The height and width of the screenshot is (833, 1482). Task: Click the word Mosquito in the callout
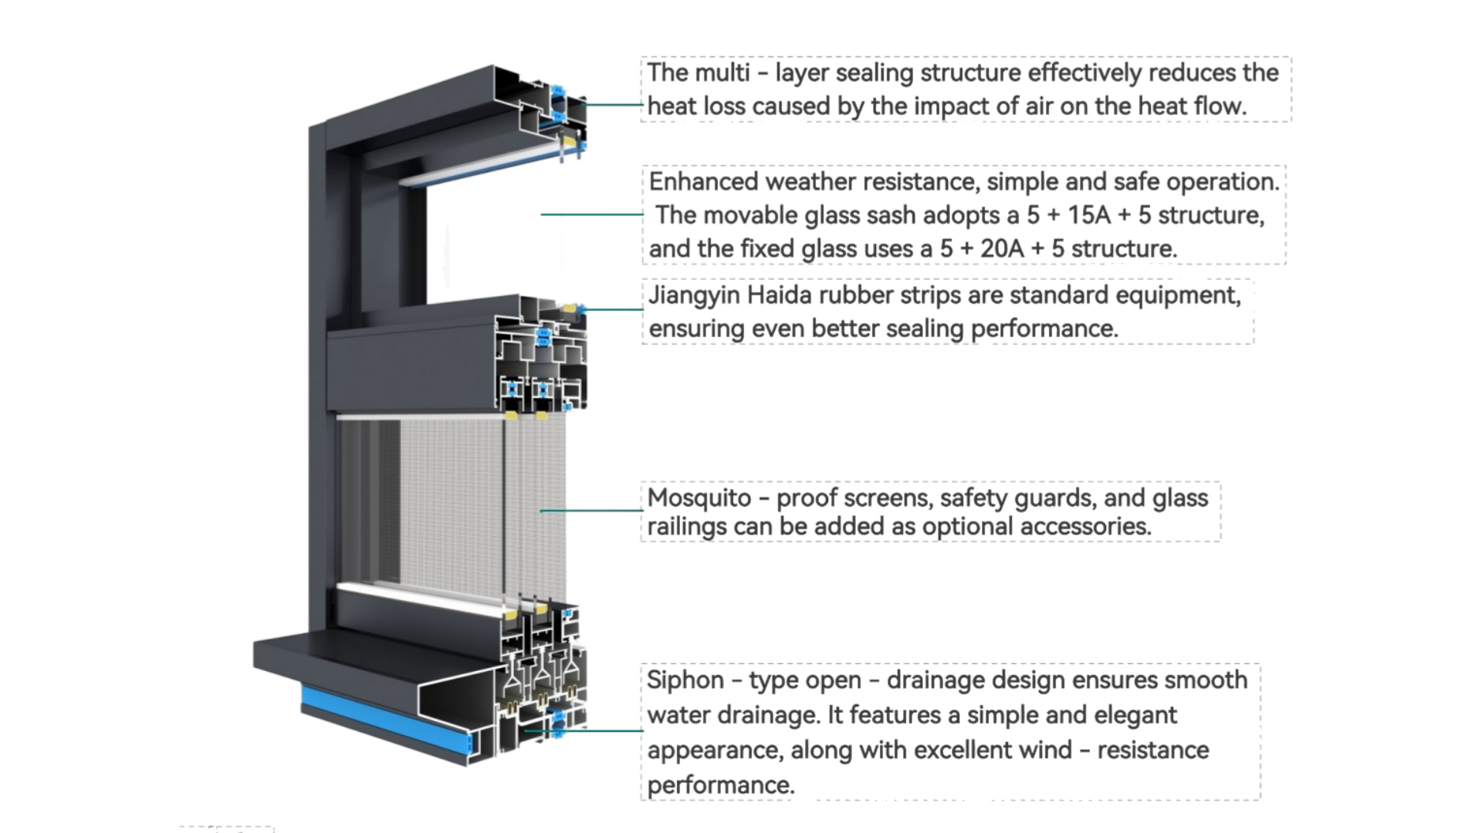[699, 498]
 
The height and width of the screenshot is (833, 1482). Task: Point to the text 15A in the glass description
[1088, 215]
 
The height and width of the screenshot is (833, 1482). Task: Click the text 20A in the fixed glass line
[1002, 249]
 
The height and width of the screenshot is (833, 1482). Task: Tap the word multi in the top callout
[722, 73]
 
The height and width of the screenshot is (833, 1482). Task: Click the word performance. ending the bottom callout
[720, 785]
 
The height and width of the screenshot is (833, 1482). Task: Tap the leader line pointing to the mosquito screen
[590, 510]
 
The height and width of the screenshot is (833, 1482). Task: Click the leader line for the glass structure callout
[590, 214]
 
